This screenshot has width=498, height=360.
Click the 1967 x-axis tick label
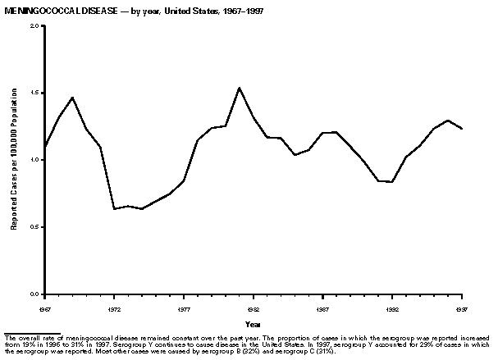[x=44, y=309]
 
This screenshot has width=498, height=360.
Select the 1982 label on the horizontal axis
[x=254, y=309]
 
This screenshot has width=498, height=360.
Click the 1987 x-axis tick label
[x=323, y=309]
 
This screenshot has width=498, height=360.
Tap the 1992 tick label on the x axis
[x=393, y=309]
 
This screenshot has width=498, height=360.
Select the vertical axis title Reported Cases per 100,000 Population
[x=14, y=160]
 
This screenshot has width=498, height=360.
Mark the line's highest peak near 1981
[x=239, y=88]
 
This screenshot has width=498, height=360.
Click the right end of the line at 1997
[x=463, y=129]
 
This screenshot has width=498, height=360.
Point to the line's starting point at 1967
[x=45, y=148]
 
